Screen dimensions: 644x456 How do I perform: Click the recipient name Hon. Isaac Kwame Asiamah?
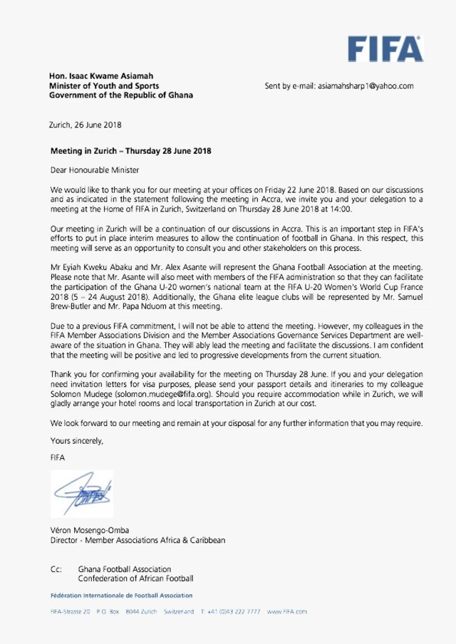(100, 76)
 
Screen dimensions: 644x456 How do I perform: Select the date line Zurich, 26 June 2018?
(85, 125)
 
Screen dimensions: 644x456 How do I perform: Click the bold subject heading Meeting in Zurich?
(130, 151)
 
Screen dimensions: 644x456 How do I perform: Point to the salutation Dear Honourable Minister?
(95, 170)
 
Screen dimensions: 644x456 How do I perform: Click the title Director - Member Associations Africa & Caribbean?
(138, 540)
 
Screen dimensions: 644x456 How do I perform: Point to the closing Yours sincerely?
(77, 440)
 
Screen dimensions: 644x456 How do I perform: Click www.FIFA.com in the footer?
(287, 611)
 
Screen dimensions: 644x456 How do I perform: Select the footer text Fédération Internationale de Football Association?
(121, 595)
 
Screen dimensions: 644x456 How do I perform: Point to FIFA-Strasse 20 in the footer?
(70, 611)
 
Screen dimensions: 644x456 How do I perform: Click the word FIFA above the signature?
(58, 457)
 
